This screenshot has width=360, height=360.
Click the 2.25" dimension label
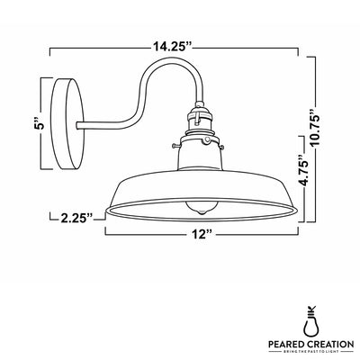pyautogui.click(x=73, y=217)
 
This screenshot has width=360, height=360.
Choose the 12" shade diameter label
pyautogui.click(x=202, y=235)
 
